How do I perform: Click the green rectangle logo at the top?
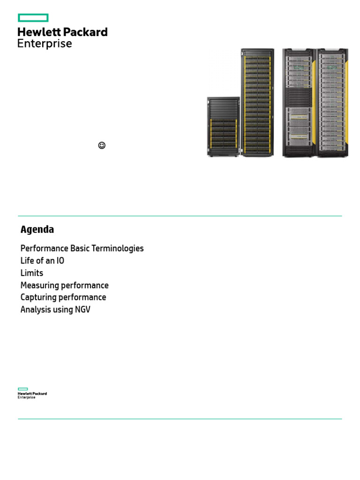33,18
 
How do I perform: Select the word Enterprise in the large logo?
45,44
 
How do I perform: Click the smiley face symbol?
102,145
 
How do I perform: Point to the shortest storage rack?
223,127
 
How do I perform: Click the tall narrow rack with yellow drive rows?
257,102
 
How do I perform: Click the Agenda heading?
37,230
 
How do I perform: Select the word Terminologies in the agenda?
120,248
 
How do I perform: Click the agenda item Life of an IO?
42,261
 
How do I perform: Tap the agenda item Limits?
32,273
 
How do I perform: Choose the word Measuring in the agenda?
39,285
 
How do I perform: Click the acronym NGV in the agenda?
82,309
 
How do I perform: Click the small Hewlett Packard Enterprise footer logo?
32,393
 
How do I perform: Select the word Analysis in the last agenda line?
36,309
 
